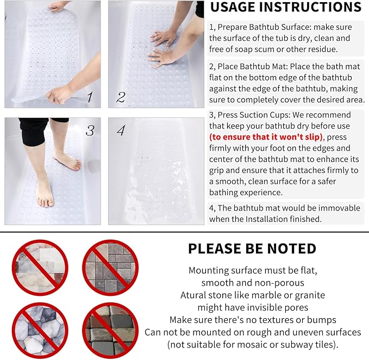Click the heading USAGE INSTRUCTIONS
pyautogui.click(x=285, y=8)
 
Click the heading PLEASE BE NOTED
pyautogui.click(x=252, y=249)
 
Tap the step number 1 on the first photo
pyautogui.click(x=90, y=98)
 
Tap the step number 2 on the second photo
pyautogui.click(x=121, y=98)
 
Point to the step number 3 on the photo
pyautogui.click(x=90, y=131)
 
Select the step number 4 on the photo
pyautogui.click(x=121, y=131)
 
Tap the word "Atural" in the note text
pyautogui.click(x=194, y=295)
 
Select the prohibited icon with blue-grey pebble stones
pyautogui.click(x=40, y=330)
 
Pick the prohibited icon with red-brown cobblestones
pyautogui.click(x=110, y=330)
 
